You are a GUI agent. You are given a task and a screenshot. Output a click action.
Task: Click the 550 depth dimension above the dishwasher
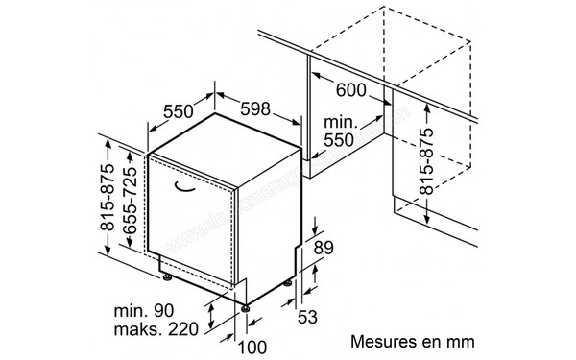tap(180, 110)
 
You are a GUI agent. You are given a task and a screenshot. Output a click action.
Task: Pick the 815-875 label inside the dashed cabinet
tap(428, 161)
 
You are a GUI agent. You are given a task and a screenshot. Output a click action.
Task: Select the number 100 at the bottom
tap(252, 347)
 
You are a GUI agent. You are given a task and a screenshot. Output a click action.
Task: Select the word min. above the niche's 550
tap(341, 122)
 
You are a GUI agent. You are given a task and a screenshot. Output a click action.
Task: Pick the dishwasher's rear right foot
tap(288, 283)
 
